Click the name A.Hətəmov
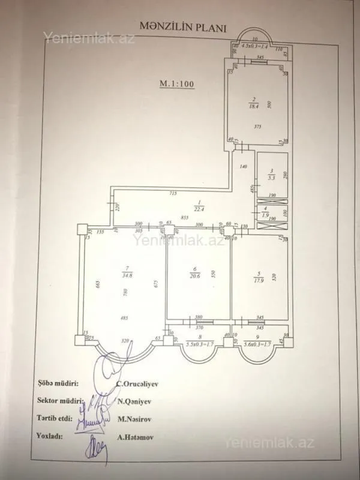pyautogui.click(x=134, y=437)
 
